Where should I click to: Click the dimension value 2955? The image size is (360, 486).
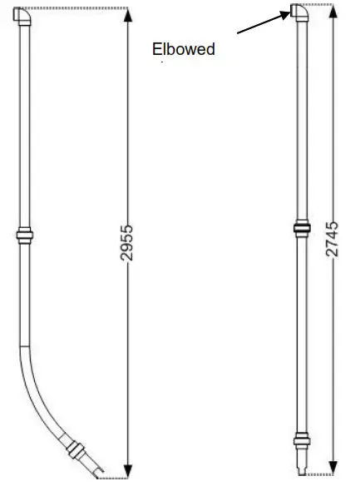[x=126, y=243]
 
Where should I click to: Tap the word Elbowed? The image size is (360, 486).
[x=184, y=49]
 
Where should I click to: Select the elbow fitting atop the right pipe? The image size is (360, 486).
[x=299, y=13]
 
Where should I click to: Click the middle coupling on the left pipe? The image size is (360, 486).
[x=25, y=236]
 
